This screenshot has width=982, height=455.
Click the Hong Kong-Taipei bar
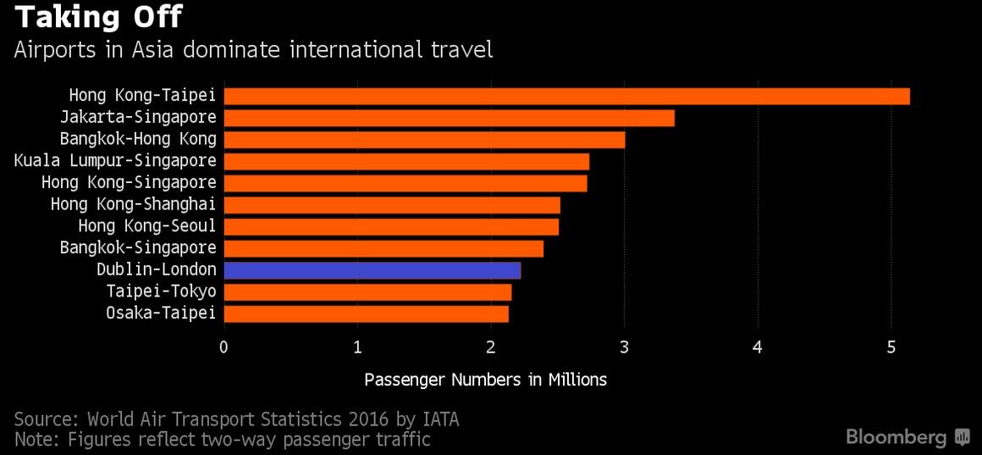566,96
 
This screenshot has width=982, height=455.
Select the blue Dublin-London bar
372,270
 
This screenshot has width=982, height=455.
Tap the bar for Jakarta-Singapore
449,118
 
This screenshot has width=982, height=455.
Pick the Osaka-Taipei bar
366,314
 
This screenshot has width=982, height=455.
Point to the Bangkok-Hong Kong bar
424,140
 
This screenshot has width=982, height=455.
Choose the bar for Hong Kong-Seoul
390,226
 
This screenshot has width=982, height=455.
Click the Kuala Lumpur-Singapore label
115,160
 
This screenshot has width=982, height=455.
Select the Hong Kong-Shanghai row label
133,204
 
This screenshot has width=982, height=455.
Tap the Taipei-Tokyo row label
161,291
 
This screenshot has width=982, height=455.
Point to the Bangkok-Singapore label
138,248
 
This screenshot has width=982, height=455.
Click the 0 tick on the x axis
223,347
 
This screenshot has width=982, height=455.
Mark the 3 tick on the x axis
625,347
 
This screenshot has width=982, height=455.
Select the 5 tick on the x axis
891,347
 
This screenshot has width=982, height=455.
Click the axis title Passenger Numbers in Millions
485,380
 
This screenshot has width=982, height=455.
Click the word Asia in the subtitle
153,49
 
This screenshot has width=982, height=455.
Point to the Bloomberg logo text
896,437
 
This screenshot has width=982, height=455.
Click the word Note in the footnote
34,440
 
